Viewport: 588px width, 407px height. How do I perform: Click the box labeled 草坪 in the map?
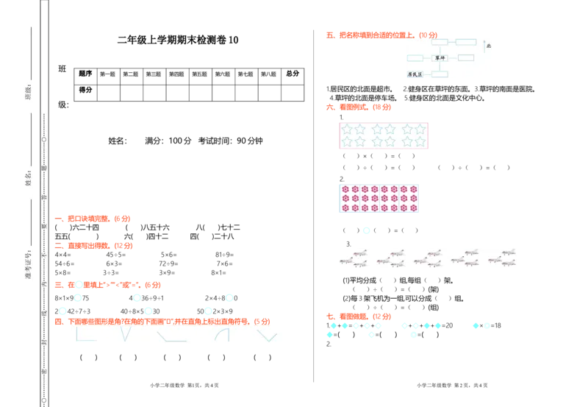[x=440, y=57]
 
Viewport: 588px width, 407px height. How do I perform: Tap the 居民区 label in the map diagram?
[x=415, y=74]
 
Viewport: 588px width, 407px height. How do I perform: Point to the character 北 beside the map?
[x=489, y=46]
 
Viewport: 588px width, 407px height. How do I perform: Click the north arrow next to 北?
[x=484, y=46]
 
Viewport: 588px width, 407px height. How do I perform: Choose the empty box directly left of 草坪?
[x=415, y=57]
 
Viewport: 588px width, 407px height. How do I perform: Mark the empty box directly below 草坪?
[x=440, y=74]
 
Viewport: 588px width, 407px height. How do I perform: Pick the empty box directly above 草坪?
[x=440, y=42]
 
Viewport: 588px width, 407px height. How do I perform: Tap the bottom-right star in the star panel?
[x=420, y=141]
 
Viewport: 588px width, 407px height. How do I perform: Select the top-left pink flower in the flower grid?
[x=345, y=189]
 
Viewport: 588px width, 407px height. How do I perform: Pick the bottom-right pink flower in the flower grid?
[x=413, y=208]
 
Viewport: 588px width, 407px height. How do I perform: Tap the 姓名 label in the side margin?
[x=29, y=177]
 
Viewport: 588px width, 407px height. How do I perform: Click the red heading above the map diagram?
[x=381, y=35]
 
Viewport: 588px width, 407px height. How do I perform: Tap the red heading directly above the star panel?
[x=358, y=107]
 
